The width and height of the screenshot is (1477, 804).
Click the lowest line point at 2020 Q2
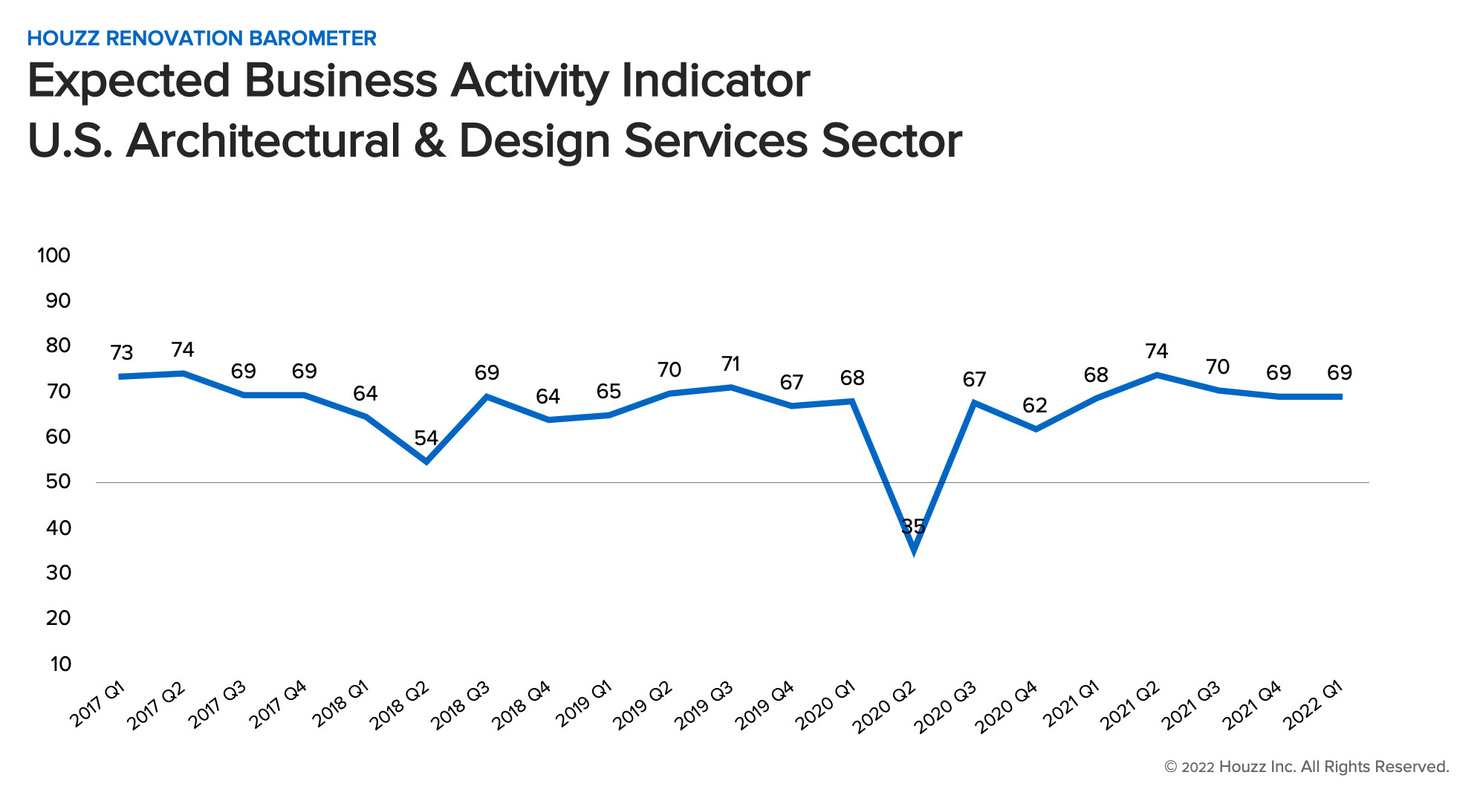pos(913,549)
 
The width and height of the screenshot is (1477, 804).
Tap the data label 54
pos(426,438)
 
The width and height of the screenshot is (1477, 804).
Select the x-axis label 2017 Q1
pos(97,703)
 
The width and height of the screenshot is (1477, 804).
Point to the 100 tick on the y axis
pos(53,255)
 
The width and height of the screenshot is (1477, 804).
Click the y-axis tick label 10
pos(60,664)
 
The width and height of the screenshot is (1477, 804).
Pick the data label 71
pos(731,363)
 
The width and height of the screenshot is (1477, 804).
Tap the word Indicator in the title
pos(715,80)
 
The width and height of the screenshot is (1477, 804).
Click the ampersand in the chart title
pos(429,140)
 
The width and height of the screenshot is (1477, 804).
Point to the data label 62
pos(1035,405)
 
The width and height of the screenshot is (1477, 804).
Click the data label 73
pos(122,352)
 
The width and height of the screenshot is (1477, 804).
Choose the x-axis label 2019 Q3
pos(704,704)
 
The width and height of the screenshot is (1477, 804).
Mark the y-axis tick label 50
pos(58,482)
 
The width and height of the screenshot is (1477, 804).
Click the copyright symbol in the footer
pos(1170,767)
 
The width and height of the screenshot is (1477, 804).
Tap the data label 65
pos(608,391)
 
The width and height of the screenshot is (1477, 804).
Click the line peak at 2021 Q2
pos(1157,375)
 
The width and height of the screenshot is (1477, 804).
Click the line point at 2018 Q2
pos(426,461)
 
